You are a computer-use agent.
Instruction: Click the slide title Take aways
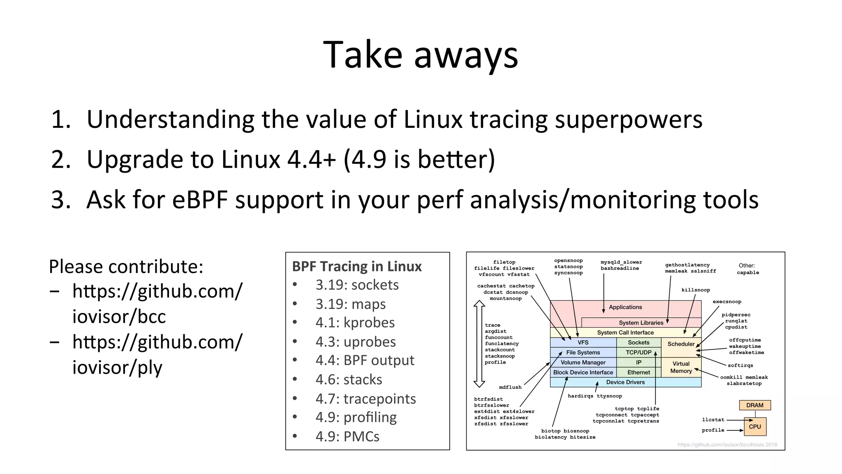pyautogui.click(x=420, y=55)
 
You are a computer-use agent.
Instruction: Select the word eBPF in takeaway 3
pyautogui.click(x=200, y=200)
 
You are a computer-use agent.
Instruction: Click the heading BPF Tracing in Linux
pyautogui.click(x=356, y=266)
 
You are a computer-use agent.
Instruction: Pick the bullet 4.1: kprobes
pyautogui.click(x=355, y=323)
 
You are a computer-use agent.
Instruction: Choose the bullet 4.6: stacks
pyautogui.click(x=349, y=379)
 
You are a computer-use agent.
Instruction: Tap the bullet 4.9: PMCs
pyautogui.click(x=347, y=437)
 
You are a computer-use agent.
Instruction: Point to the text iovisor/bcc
pyautogui.click(x=119, y=317)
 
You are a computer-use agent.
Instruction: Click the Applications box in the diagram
pyautogui.click(x=625, y=308)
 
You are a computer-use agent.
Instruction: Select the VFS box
pyautogui.click(x=583, y=342)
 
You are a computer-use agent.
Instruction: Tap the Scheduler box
pyautogui.click(x=681, y=344)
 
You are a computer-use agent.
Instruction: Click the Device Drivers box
pyautogui.click(x=625, y=382)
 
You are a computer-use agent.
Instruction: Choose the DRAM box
pyautogui.click(x=754, y=405)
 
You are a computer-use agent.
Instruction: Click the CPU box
pyautogui.click(x=755, y=427)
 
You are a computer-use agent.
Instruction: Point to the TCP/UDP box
pyautogui.click(x=638, y=352)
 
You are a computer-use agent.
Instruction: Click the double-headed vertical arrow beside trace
pyautogui.click(x=479, y=344)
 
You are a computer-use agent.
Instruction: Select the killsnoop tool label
pyautogui.click(x=695, y=290)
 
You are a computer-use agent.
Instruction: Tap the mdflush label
pyautogui.click(x=510, y=387)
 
